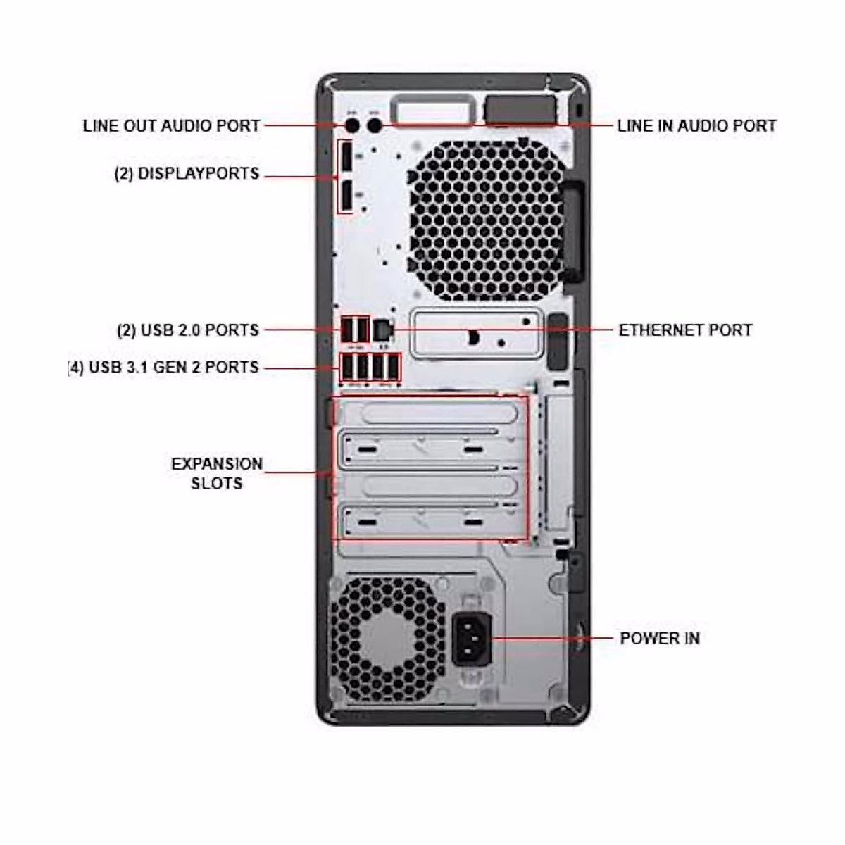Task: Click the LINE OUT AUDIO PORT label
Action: pyautogui.click(x=171, y=126)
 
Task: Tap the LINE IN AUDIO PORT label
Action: pyautogui.click(x=696, y=126)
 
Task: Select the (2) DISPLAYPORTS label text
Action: pyautogui.click(x=187, y=173)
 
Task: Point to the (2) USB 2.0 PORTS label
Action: pyautogui.click(x=188, y=330)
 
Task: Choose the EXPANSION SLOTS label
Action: pyautogui.click(x=217, y=473)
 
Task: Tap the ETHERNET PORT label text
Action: pyautogui.click(x=685, y=330)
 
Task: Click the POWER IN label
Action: pyautogui.click(x=659, y=638)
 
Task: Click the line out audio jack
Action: pyautogui.click(x=353, y=125)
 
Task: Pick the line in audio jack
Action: pyautogui.click(x=375, y=125)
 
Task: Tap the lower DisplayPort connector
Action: pyautogui.click(x=346, y=196)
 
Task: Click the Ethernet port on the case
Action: pyautogui.click(x=382, y=329)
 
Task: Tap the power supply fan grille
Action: pyautogui.click(x=387, y=639)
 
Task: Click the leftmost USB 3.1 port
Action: pyautogui.click(x=347, y=368)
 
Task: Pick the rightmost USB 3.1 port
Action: pyautogui.click(x=393, y=368)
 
